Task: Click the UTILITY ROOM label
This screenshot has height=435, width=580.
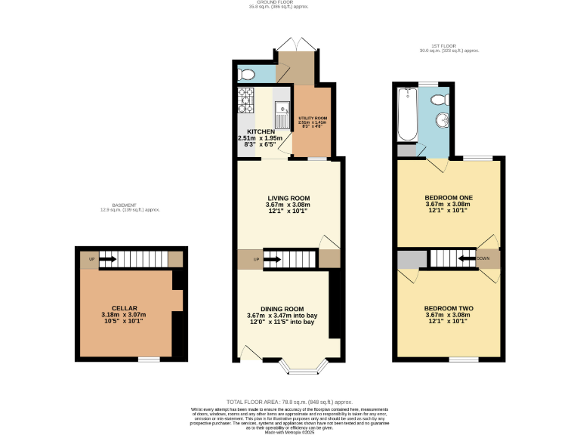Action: (x=312, y=119)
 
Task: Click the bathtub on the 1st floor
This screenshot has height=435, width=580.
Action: (x=407, y=114)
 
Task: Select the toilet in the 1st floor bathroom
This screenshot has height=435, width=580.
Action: (x=438, y=99)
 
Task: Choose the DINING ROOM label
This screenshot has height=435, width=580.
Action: (x=282, y=309)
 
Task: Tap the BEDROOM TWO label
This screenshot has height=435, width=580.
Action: (x=448, y=309)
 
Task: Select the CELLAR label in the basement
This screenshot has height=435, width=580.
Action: (x=124, y=308)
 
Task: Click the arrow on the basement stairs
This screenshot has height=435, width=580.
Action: (x=107, y=260)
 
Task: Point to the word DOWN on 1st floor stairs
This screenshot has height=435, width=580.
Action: (x=483, y=258)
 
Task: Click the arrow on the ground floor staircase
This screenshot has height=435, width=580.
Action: (x=272, y=261)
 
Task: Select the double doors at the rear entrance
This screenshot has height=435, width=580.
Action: (x=295, y=45)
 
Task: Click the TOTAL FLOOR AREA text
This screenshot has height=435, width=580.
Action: (x=289, y=402)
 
